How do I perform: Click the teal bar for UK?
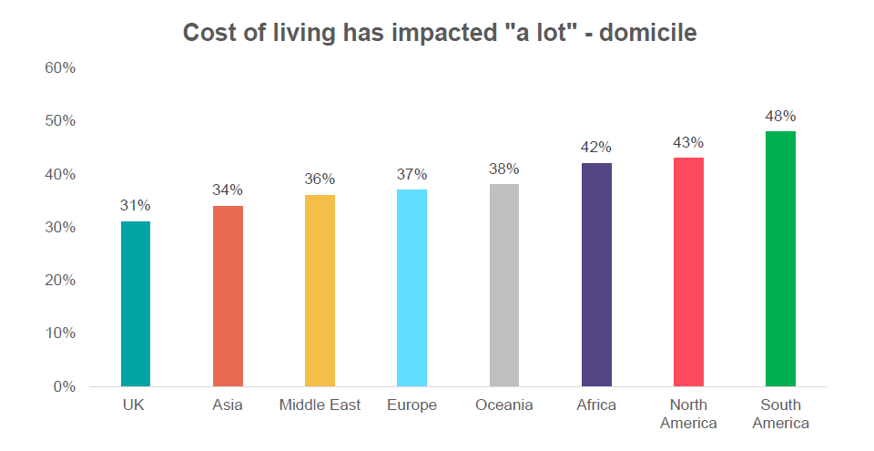[x=136, y=303]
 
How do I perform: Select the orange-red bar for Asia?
[x=228, y=296]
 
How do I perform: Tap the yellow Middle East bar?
[x=320, y=291]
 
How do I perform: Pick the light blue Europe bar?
[x=412, y=288]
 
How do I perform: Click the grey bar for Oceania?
[x=504, y=285]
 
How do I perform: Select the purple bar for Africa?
[x=596, y=274]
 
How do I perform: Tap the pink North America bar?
[x=688, y=272]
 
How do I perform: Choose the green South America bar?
[x=780, y=259]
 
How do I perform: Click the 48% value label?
[x=780, y=117]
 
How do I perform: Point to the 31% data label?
[x=136, y=206]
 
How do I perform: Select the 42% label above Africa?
[x=596, y=148]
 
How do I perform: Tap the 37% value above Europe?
[x=412, y=174]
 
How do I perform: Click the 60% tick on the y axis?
[x=59, y=68]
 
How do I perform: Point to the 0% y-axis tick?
[x=64, y=386]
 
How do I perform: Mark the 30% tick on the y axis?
[x=59, y=228]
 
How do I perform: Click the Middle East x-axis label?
[x=320, y=405]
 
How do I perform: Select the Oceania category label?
[x=504, y=405]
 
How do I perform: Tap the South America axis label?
[x=780, y=414]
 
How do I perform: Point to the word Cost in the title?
[x=207, y=33]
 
